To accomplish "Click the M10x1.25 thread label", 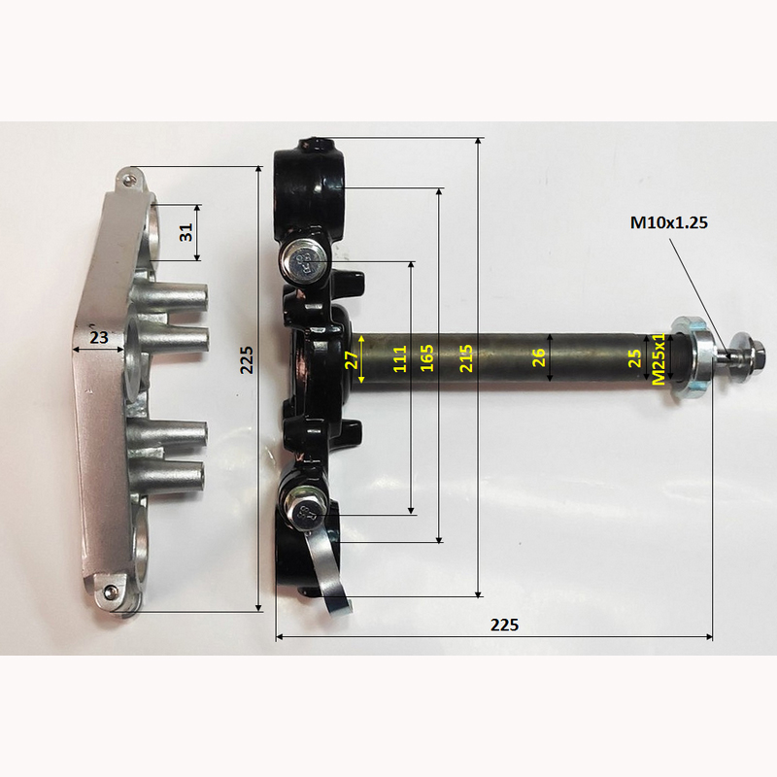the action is (668, 223).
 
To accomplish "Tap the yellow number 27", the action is (352, 359).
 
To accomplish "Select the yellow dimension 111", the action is (400, 358).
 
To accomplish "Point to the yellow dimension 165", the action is (426, 357).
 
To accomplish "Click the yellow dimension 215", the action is (466, 358).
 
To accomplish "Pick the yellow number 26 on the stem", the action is (539, 357).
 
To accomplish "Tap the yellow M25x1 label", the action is (659, 358).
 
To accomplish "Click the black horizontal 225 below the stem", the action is (504, 625).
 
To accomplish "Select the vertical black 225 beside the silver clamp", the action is (247, 359).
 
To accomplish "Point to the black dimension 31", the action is (186, 232).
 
